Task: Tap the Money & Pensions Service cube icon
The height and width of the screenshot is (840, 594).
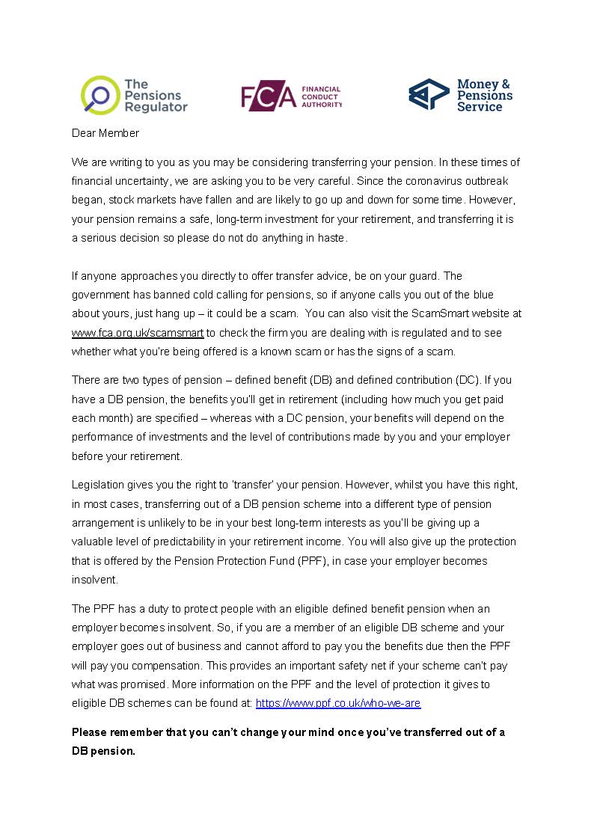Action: pyautogui.click(x=429, y=94)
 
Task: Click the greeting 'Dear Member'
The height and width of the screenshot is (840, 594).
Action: pyautogui.click(x=105, y=133)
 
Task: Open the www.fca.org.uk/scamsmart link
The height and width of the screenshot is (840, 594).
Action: pyautogui.click(x=138, y=333)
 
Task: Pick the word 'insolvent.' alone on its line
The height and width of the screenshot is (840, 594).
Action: pyautogui.click(x=95, y=580)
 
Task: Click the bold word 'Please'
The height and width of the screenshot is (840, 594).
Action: pyautogui.click(x=90, y=732)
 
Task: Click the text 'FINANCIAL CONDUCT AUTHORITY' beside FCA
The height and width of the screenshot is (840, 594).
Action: pyautogui.click(x=322, y=97)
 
